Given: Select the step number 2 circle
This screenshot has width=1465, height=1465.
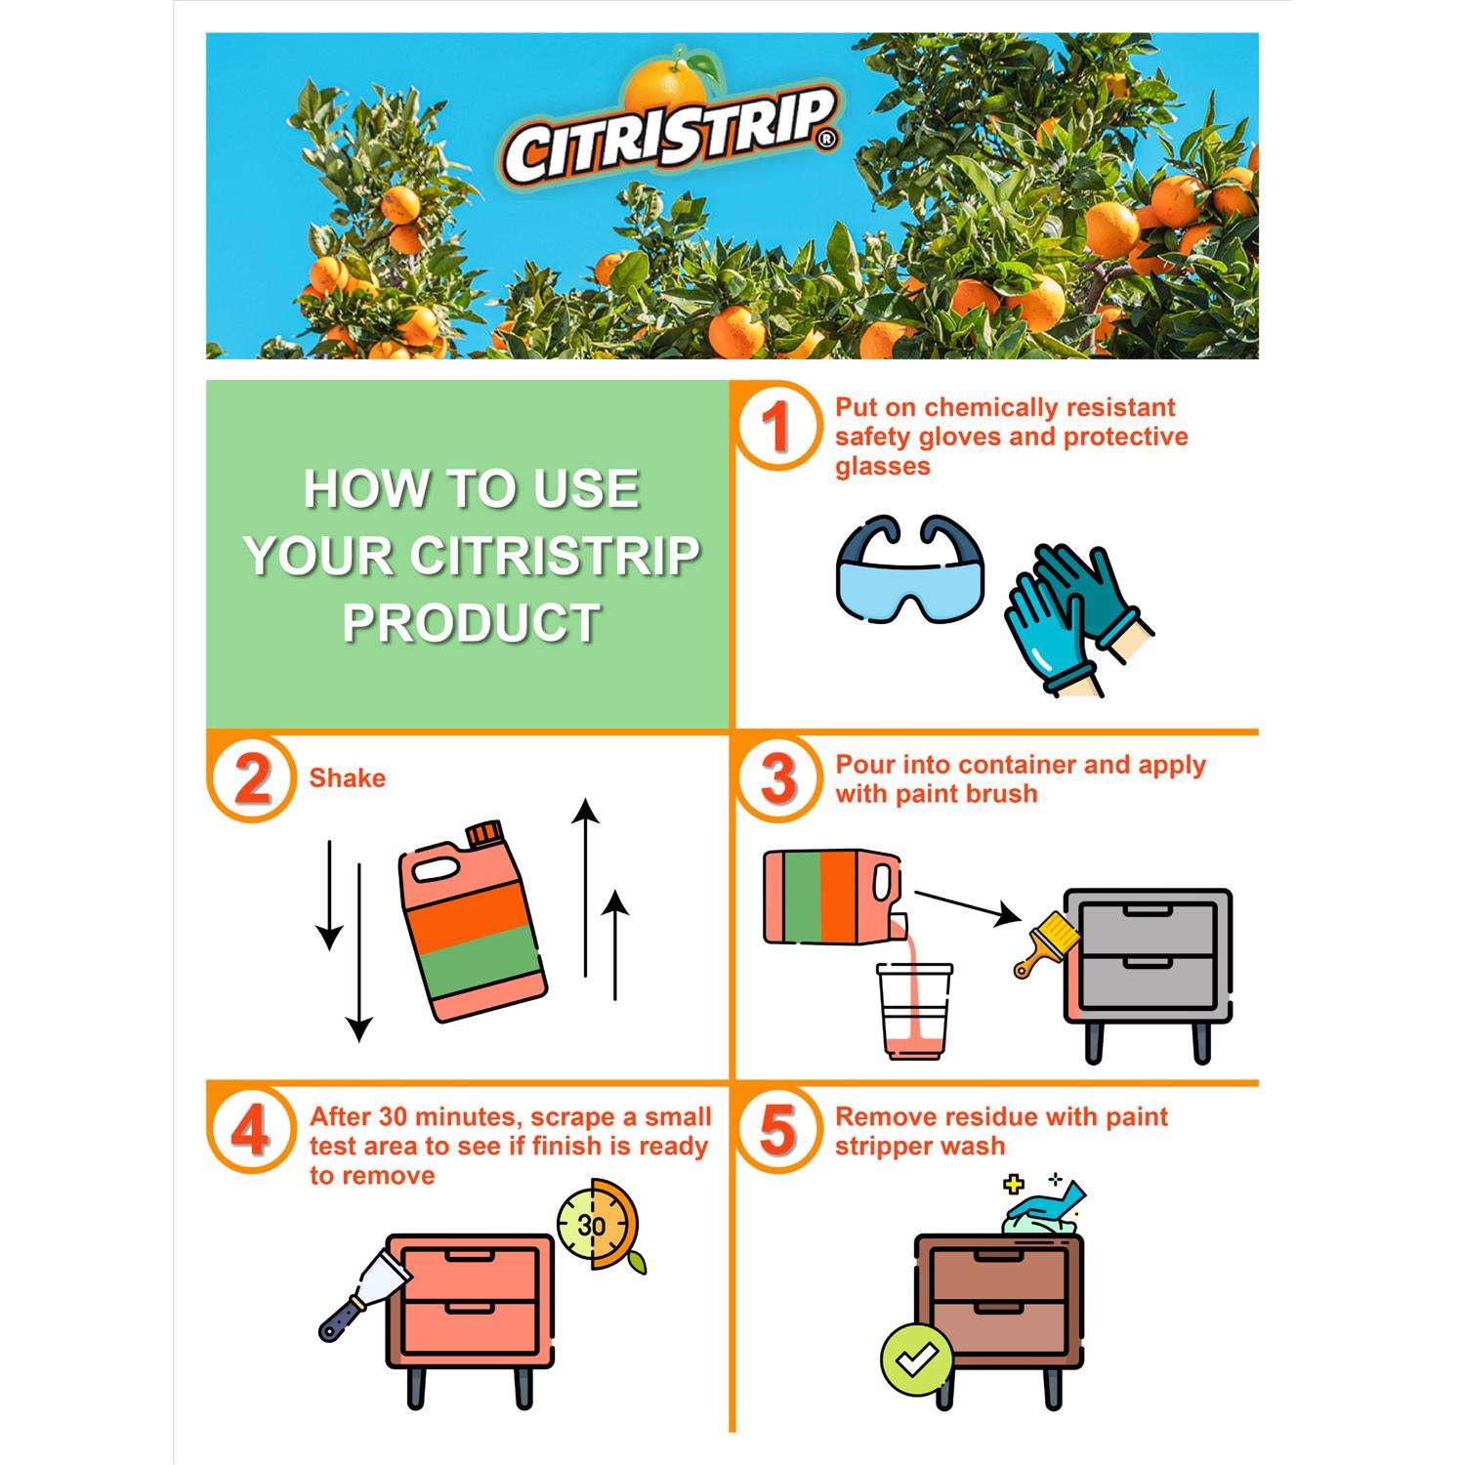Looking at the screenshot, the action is pos(252,779).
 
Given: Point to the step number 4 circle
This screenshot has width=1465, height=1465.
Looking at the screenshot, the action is pos(252,1131).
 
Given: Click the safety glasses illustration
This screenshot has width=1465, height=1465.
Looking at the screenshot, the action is pos(910,571).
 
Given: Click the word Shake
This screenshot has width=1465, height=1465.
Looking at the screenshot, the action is pos(348,778).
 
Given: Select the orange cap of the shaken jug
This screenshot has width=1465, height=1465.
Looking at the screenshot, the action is pos(483,834).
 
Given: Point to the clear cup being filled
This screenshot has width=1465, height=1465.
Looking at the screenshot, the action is pos(914,1011).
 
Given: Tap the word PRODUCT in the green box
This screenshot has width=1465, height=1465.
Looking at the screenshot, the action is pos(472,622).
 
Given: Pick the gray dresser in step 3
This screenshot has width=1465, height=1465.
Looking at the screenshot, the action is pos(1147,976).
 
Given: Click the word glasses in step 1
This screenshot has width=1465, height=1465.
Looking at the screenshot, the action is pos(883,466).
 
